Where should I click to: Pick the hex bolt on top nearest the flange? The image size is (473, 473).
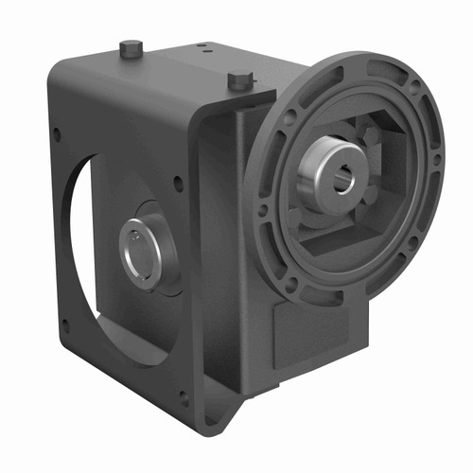[237, 82]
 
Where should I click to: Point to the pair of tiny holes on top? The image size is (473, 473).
[203, 49]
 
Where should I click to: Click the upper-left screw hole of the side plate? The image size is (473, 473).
[58, 135]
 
